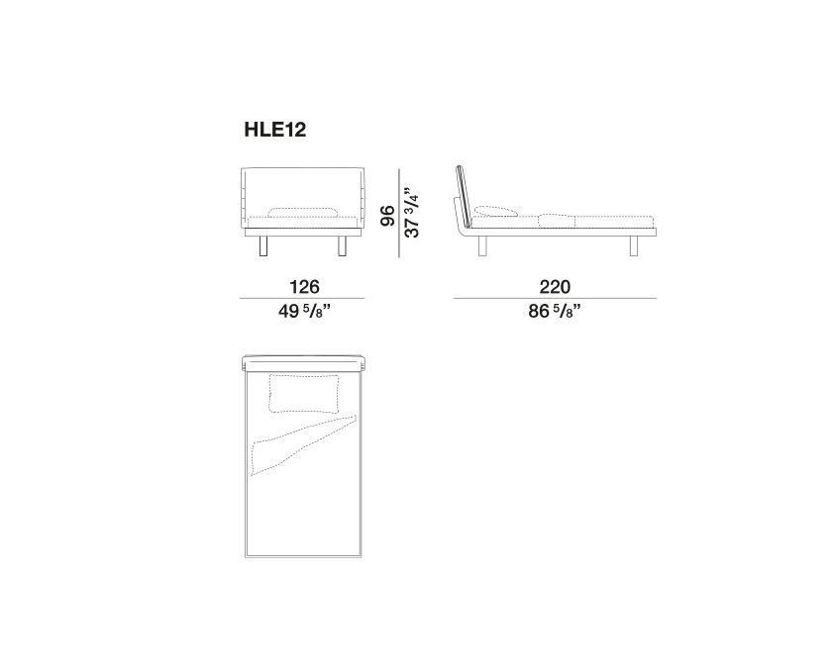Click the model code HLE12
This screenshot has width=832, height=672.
275,130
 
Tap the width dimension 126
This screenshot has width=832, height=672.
304,287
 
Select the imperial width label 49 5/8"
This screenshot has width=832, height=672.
305,311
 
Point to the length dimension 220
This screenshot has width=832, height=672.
555,287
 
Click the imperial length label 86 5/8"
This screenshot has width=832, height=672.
555,311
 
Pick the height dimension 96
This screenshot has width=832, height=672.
388,216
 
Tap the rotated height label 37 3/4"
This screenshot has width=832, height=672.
412,212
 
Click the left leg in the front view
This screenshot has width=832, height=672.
263,246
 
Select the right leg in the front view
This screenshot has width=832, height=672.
343,246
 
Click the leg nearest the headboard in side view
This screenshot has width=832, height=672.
482,246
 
